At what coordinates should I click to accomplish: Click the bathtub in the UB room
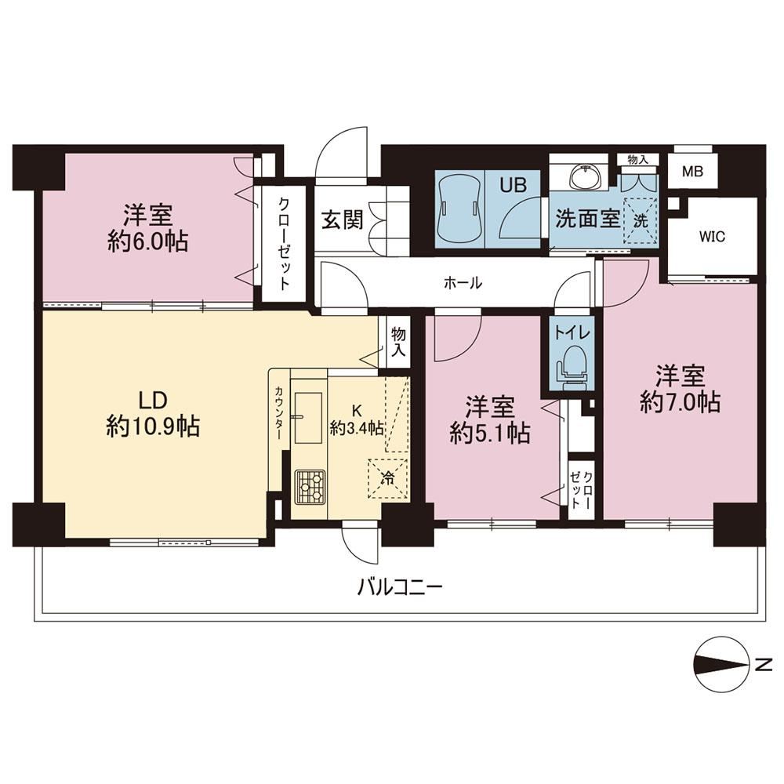tap(459, 209)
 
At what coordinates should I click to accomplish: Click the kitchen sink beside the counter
tap(308, 418)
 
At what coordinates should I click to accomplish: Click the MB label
tap(692, 172)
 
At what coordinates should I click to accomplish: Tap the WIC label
tap(712, 237)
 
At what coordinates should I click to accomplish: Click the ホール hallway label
tap(463, 283)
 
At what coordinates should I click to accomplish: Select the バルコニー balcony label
tap(400, 586)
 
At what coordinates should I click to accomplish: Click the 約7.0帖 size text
tap(680, 401)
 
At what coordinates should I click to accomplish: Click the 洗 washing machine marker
tap(641, 220)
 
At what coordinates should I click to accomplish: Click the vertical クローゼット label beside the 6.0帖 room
tap(284, 244)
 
